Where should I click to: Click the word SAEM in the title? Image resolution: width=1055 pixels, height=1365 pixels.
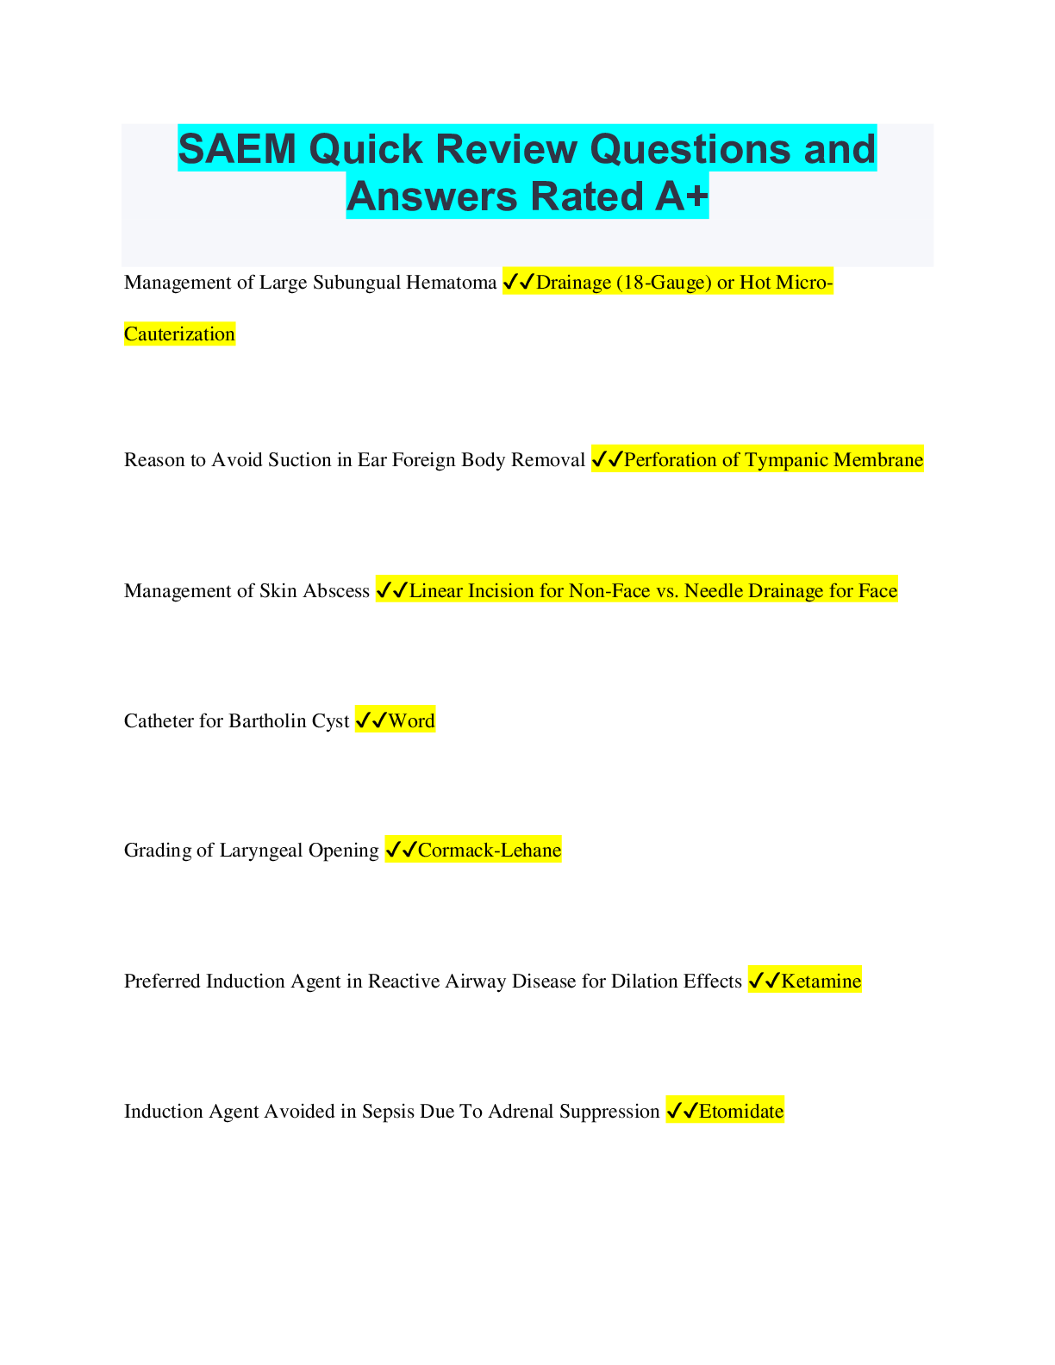pyautogui.click(x=237, y=149)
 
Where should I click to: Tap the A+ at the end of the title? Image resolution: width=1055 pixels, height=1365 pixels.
pyautogui.click(x=681, y=196)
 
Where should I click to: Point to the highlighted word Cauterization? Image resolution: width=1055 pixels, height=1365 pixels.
pyautogui.click(x=179, y=334)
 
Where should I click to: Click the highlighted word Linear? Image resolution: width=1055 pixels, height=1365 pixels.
pyautogui.click(x=435, y=591)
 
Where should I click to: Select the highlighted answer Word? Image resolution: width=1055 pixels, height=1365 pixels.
pyautogui.click(x=411, y=721)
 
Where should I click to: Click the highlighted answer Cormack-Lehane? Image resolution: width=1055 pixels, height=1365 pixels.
pyautogui.click(x=490, y=851)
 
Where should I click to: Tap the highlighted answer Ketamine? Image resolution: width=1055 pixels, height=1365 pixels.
pyautogui.click(x=821, y=982)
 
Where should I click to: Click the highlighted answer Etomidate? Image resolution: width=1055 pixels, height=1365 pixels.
pyautogui.click(x=741, y=1112)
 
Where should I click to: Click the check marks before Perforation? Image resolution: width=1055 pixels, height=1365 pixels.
pyautogui.click(x=608, y=460)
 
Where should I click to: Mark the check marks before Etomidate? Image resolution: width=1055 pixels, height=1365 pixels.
pyautogui.click(x=683, y=1112)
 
